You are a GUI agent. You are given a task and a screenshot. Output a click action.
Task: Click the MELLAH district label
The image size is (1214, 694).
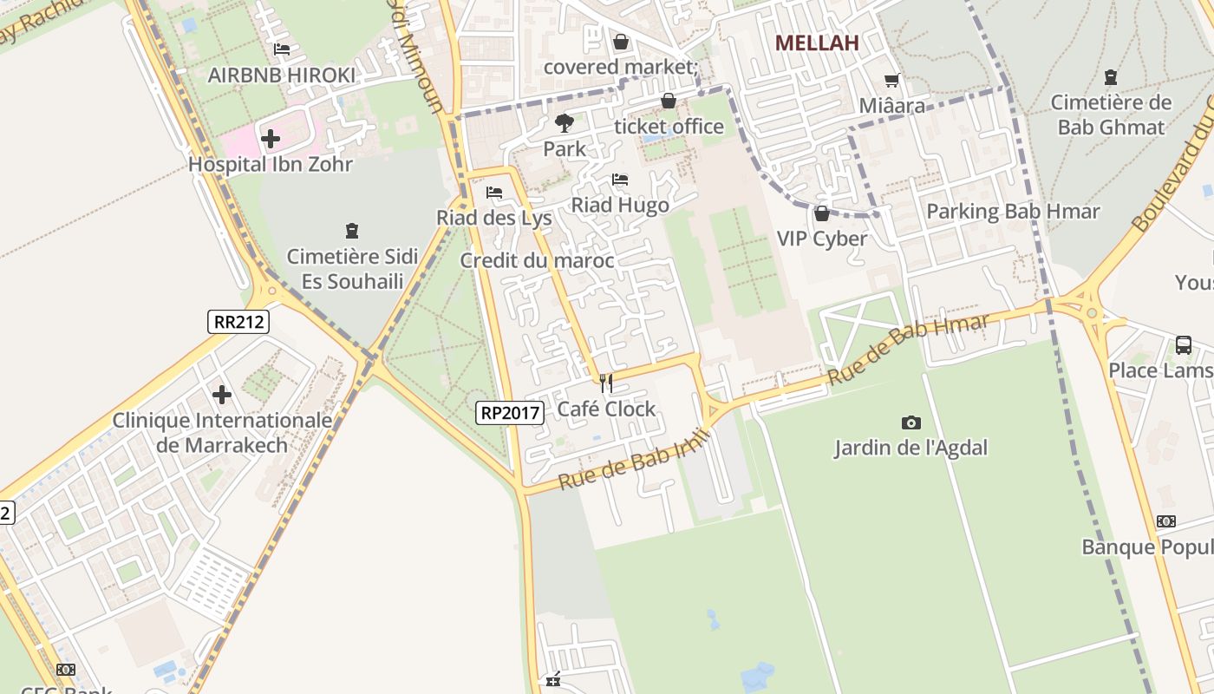(817, 43)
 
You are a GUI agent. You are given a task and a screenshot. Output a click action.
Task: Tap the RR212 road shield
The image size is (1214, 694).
(239, 322)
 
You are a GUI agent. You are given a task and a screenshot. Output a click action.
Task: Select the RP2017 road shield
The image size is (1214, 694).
(510, 413)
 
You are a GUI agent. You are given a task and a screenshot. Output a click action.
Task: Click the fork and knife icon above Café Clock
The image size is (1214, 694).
(606, 383)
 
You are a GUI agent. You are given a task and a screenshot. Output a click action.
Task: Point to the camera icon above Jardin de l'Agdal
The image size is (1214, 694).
(910, 422)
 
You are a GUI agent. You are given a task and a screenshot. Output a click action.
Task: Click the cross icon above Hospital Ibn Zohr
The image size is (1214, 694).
(271, 138)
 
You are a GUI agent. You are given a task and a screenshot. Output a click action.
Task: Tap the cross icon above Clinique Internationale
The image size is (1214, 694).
(222, 395)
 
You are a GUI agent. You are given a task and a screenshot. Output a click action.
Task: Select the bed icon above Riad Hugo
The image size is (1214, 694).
(620, 180)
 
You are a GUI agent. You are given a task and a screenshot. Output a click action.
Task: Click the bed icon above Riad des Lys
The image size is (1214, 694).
(494, 192)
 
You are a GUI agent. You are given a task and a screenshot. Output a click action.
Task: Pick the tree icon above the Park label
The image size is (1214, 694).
(565, 122)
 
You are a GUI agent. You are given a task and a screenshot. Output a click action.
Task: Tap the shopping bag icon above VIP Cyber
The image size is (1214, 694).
(821, 213)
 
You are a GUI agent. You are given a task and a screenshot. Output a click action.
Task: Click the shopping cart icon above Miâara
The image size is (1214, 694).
(891, 81)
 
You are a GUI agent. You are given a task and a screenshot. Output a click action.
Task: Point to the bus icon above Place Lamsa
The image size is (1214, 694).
(1184, 344)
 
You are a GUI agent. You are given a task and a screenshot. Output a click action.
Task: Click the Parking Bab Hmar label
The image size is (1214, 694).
(1013, 211)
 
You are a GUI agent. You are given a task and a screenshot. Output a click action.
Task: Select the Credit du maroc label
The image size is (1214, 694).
(537, 260)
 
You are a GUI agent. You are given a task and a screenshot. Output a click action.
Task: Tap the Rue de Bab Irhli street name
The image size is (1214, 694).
(633, 458)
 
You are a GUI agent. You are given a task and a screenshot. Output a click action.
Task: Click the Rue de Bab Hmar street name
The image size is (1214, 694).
(908, 350)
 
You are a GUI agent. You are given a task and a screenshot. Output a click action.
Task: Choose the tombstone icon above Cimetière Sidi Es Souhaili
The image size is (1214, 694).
(352, 231)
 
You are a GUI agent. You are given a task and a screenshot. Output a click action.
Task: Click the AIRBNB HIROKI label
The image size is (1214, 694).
(282, 75)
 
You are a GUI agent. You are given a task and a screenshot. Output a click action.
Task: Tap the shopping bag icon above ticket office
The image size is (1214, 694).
(669, 101)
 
